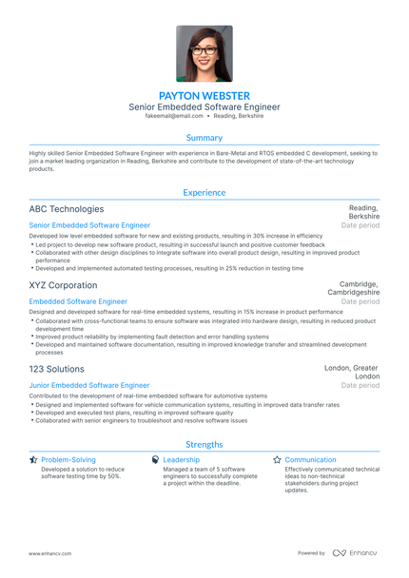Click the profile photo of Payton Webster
pyautogui.click(x=204, y=53)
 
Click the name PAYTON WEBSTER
pyautogui.click(x=204, y=96)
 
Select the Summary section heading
pyautogui.click(x=204, y=138)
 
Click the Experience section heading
pyautogui.click(x=204, y=192)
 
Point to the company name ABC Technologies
pyautogui.click(x=67, y=209)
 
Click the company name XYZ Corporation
pyautogui.click(x=64, y=285)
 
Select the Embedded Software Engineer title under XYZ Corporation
pyautogui.click(x=78, y=301)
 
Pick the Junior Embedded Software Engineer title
pyautogui.click(x=89, y=385)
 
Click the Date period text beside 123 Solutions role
pyautogui.click(x=360, y=385)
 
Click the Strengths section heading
pyautogui.click(x=204, y=444)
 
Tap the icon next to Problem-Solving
pyautogui.click(x=34, y=460)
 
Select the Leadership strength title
pyautogui.click(x=181, y=460)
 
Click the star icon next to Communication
pyautogui.click(x=278, y=460)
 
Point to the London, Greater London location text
pyautogui.click(x=351, y=372)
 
